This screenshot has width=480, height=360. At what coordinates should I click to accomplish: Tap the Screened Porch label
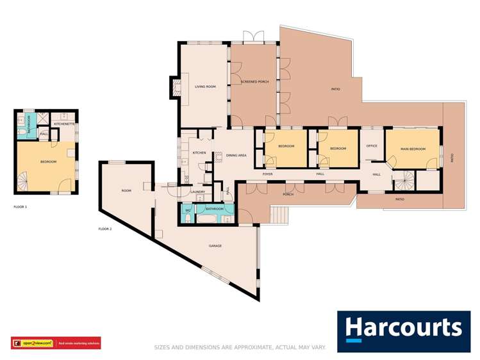(x=254, y=82)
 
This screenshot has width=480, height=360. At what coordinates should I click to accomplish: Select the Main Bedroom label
(x=413, y=149)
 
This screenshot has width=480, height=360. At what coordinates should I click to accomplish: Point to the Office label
(x=372, y=146)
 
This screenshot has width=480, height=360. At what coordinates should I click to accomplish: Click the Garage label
(x=215, y=245)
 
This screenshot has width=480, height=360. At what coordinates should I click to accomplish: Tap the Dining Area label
(x=236, y=155)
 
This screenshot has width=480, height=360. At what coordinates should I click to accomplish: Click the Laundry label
(x=198, y=192)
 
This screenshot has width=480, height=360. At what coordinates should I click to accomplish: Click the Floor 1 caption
(x=21, y=207)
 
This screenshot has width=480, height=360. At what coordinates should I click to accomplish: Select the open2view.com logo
(x=32, y=344)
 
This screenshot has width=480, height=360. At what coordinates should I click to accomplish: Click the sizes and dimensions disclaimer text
(x=240, y=347)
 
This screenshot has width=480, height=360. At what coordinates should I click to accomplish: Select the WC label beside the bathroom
(x=188, y=209)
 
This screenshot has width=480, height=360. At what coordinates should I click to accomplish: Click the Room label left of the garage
(x=126, y=190)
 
